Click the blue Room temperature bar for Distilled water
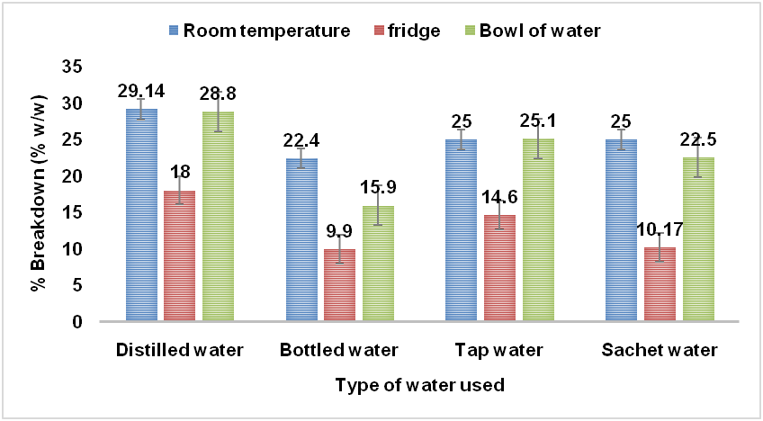click(141, 216)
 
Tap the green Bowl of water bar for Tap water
click(538, 230)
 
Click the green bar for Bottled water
click(378, 264)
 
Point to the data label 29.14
click(141, 92)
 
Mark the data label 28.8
click(219, 93)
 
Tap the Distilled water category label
click(180, 350)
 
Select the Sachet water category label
click(660, 350)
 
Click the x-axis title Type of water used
click(418, 385)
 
